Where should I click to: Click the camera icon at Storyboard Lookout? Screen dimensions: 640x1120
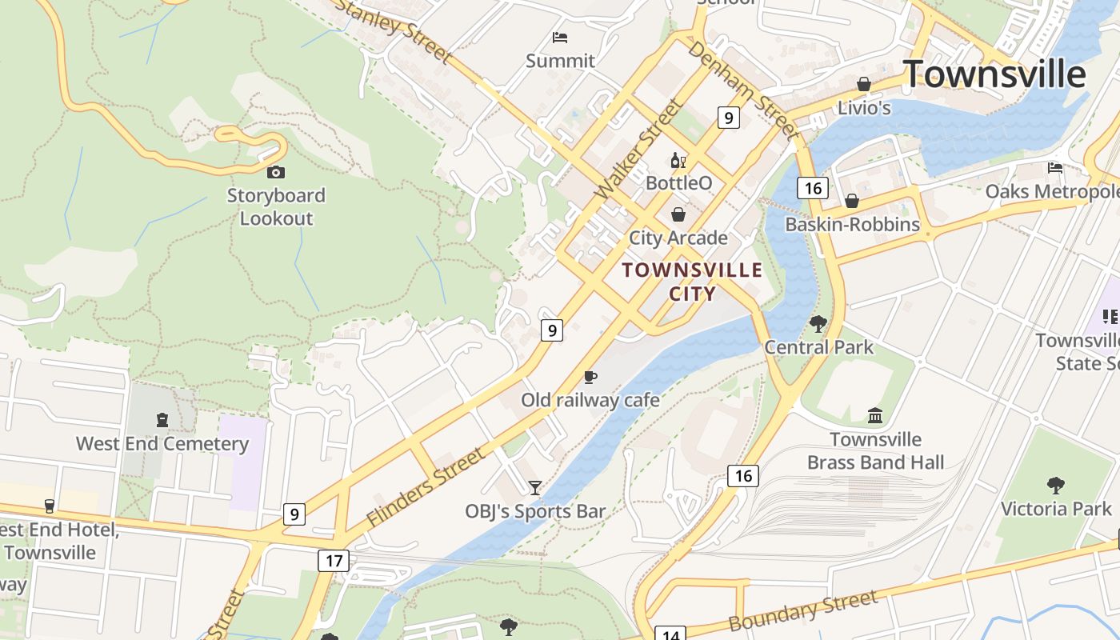(x=276, y=172)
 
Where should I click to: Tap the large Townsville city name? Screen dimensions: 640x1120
(x=994, y=74)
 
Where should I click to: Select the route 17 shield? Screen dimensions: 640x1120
(x=334, y=560)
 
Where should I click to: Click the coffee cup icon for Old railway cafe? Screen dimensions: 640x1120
(x=590, y=377)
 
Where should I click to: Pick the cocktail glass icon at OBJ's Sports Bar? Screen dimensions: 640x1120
(x=535, y=487)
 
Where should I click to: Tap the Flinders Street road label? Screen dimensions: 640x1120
(x=426, y=486)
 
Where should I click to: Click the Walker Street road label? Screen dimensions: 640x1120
(x=639, y=149)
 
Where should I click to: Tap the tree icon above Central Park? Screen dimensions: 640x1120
(x=818, y=324)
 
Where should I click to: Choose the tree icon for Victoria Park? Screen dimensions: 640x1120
(x=1056, y=485)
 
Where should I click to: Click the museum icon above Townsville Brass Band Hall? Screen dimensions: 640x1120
(x=875, y=416)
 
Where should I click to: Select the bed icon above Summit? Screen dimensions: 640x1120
(x=560, y=38)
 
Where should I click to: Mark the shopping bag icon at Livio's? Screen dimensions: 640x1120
(x=864, y=84)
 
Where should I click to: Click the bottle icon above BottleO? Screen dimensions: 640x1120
(x=678, y=161)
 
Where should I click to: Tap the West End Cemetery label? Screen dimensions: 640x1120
(x=162, y=443)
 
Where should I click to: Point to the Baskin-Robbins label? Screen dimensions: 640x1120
(x=852, y=225)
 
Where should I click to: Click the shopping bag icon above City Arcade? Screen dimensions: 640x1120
(x=678, y=214)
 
